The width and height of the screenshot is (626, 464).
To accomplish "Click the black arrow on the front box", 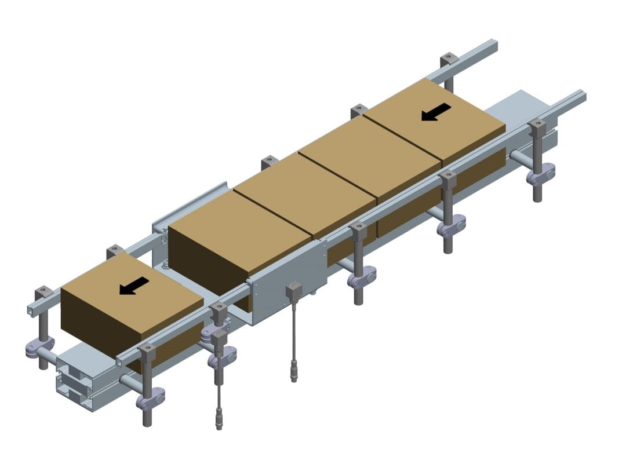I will [134, 285].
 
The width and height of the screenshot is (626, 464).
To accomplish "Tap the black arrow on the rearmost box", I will [436, 112].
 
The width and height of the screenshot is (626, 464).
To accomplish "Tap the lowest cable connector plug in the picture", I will [220, 418].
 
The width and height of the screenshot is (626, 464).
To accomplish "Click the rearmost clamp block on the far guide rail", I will [449, 60].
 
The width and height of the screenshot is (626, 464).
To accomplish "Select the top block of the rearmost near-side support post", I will [537, 128].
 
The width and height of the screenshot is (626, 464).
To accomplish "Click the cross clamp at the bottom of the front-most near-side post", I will [150, 399].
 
